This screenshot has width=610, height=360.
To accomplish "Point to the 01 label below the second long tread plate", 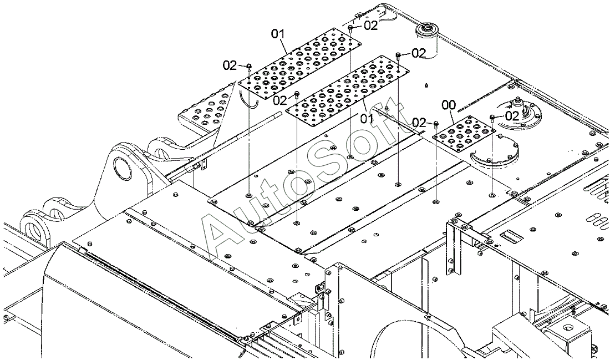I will click(x=367, y=118).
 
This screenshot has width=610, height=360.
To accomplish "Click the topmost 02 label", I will click(x=370, y=25).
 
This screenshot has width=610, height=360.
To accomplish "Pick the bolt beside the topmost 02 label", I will click(x=352, y=27).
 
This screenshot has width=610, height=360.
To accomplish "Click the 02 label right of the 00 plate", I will click(x=511, y=115).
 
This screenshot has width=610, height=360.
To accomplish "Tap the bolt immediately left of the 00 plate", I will click(x=436, y=123).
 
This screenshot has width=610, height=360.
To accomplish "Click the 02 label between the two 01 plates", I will click(x=280, y=100).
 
